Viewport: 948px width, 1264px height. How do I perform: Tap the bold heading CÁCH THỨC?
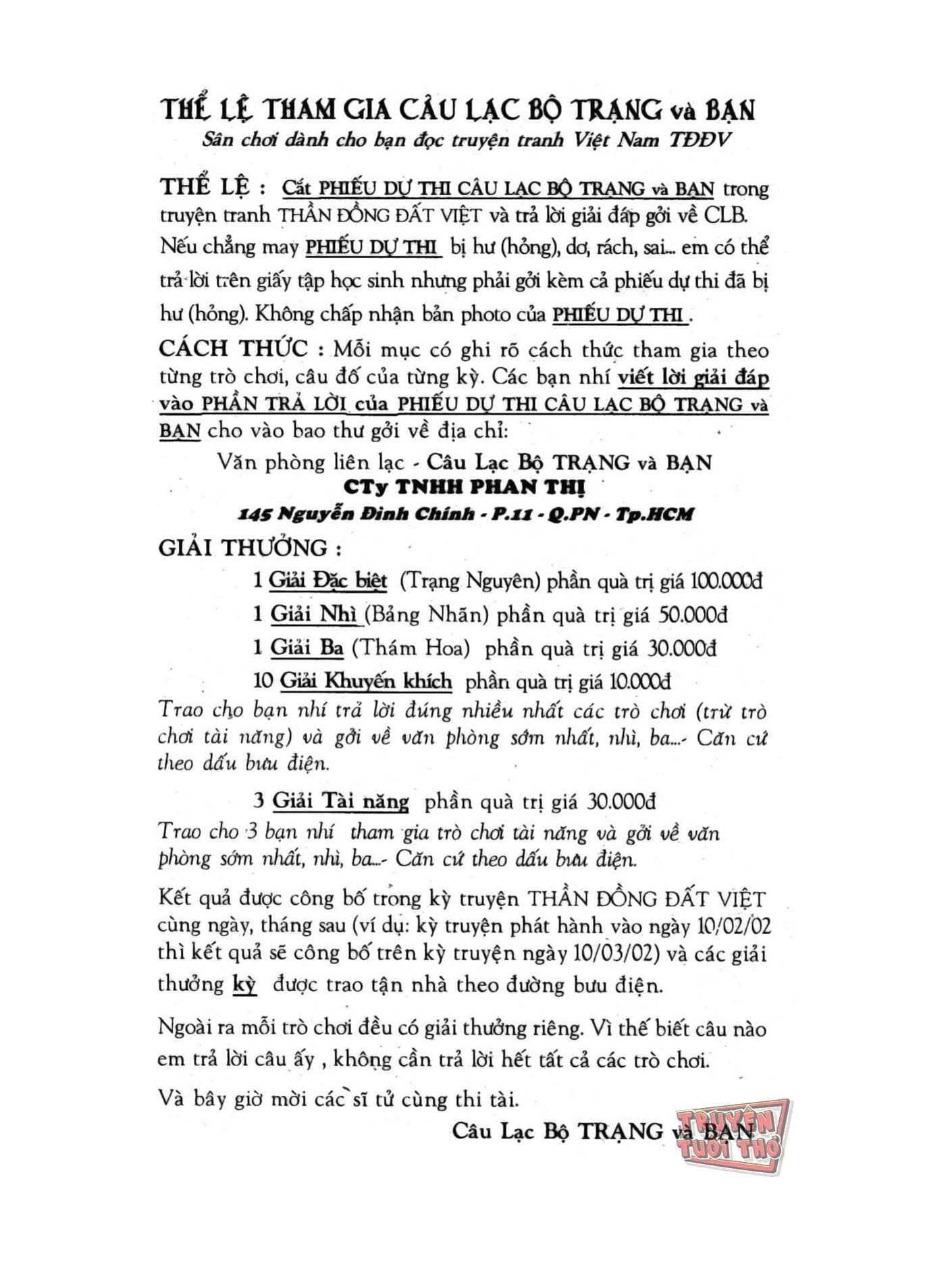pyautogui.click(x=233, y=349)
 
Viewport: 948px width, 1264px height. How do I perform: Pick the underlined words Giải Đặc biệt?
pyautogui.click(x=328, y=581)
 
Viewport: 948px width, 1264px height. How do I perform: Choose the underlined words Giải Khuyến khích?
pyautogui.click(x=366, y=681)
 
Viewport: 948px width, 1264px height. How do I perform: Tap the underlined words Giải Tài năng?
pyautogui.click(x=340, y=801)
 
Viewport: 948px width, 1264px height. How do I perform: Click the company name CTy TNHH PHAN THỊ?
pyautogui.click(x=464, y=488)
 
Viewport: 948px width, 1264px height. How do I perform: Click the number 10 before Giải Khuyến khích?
pyautogui.click(x=263, y=681)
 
